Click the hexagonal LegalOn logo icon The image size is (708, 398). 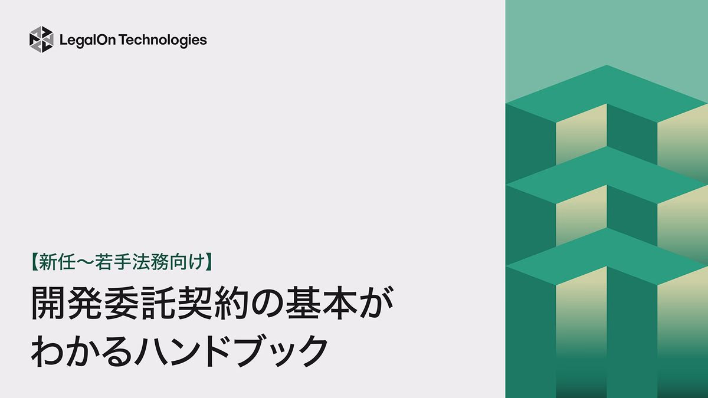click(x=41, y=40)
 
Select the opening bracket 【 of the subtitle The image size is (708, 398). click(x=34, y=262)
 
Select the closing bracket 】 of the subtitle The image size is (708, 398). click(x=208, y=262)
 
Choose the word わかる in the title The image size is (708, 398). click(x=81, y=351)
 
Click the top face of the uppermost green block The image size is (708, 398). click(x=607, y=93)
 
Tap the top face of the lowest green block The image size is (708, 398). click(x=607, y=256)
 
